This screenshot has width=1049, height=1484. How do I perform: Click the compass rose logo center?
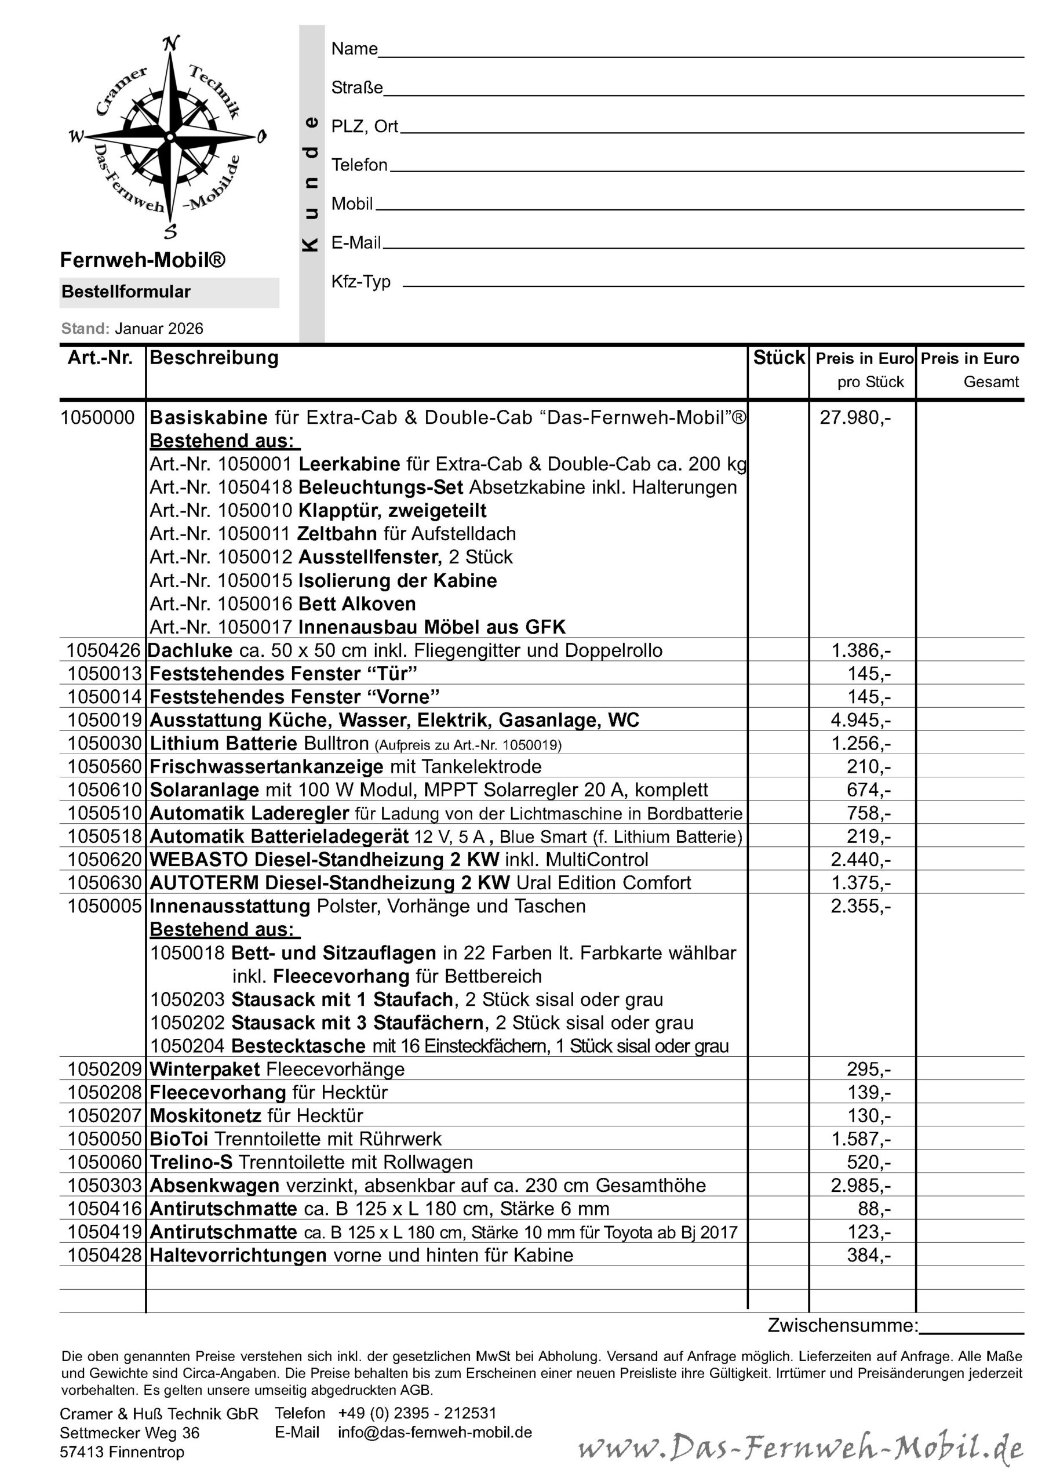(169, 136)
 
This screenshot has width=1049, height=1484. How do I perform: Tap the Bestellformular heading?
(126, 292)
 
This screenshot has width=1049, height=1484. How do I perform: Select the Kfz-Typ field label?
(360, 282)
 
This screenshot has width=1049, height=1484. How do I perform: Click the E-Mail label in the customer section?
(356, 242)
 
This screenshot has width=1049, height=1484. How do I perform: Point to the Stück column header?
(779, 358)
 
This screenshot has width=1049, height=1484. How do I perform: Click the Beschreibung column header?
(214, 358)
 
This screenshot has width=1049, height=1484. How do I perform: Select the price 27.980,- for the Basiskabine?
(855, 417)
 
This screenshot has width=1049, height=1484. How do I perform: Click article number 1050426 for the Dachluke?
(103, 650)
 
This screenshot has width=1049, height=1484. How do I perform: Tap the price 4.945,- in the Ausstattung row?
(860, 720)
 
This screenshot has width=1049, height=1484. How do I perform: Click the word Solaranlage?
(203, 790)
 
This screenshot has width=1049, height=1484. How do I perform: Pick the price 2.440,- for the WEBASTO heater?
(860, 860)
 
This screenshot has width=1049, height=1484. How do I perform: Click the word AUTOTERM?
(204, 883)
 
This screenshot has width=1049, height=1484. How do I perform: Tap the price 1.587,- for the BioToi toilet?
(860, 1139)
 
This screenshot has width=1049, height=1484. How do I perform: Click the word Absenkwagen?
(214, 1185)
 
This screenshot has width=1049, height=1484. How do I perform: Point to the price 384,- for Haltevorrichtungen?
(869, 1255)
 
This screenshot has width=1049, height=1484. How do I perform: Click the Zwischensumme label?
(842, 1326)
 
